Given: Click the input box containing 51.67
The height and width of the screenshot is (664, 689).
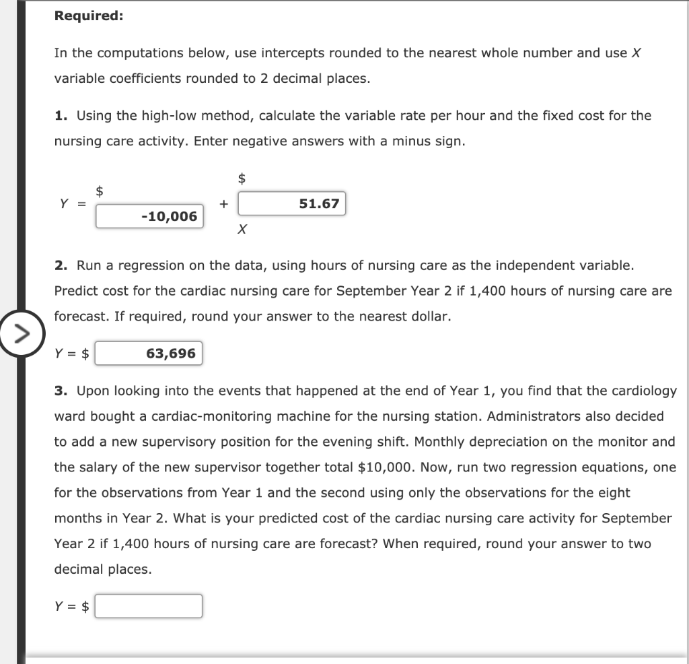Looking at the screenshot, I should coord(291,203).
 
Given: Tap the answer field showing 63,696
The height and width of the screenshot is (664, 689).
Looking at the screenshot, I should coord(148,354).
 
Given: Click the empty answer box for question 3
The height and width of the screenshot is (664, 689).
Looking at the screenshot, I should coord(148,606).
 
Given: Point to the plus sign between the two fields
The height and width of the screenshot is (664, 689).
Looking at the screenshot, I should coord(223,203).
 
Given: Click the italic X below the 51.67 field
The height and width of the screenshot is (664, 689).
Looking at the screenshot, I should coord(242,230).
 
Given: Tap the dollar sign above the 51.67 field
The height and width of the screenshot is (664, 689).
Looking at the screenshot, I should coord(242,178).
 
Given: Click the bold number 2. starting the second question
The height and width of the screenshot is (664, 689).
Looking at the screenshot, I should coord(61,265).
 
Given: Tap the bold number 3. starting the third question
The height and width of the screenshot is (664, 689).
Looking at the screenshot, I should coord(61,391).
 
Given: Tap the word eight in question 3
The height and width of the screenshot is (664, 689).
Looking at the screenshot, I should coord(615,493).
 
